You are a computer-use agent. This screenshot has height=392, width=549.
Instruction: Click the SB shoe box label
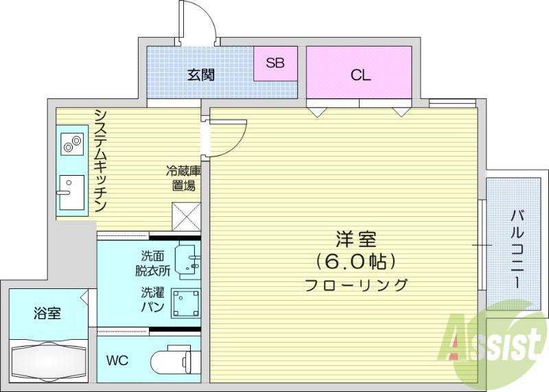pos(275,62)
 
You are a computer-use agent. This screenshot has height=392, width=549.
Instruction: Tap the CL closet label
pos(361,75)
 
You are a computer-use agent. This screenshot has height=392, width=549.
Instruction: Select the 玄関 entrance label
pos(200,75)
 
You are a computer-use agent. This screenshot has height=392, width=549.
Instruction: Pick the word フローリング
pos(356,285)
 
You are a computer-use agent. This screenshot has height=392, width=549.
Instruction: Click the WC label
pos(117,360)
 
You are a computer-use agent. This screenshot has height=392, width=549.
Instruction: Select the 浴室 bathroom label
pos(47,313)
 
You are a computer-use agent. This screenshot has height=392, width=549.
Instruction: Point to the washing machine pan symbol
pos(185,303)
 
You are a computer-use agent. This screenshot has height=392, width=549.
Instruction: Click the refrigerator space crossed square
pos(186,216)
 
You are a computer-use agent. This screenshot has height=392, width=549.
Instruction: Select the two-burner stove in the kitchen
pos(73,144)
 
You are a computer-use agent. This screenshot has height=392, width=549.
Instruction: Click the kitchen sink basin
pos(72,193)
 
